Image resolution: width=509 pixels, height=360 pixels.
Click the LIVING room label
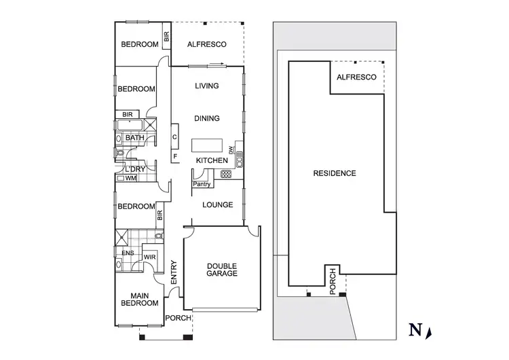click(206, 86)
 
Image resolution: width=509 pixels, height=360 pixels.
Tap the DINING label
click(206, 118)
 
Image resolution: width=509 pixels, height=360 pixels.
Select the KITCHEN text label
click(211, 160)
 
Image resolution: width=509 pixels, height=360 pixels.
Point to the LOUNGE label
click(217, 205)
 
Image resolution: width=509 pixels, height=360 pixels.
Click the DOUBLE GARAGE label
click(222, 270)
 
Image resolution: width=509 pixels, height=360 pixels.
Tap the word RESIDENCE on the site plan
click(334, 173)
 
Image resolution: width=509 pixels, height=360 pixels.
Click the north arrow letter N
click(413, 331)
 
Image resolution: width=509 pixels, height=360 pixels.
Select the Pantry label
click(202, 184)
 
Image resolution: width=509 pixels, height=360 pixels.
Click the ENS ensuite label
click(127, 254)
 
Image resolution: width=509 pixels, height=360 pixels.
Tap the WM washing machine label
click(130, 179)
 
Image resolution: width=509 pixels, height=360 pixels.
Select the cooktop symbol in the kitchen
click(226, 174)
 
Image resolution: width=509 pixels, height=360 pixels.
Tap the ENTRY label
click(174, 273)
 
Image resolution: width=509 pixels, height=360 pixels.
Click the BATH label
click(135, 138)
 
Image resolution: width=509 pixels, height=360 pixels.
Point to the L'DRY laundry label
click(134, 168)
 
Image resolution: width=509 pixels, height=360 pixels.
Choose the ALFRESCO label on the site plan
click(356, 78)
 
